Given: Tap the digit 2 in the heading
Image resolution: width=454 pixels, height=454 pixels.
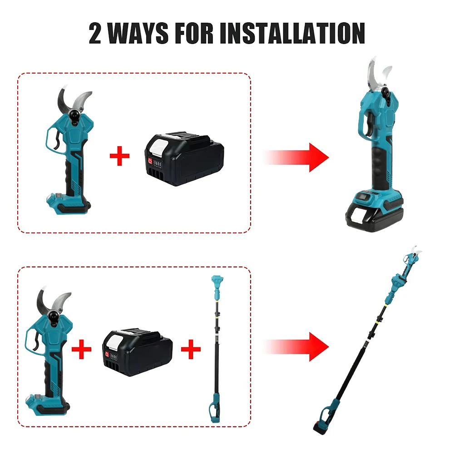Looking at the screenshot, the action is coord(95,33).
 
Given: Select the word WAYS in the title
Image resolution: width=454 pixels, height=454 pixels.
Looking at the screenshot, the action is coord(138,33).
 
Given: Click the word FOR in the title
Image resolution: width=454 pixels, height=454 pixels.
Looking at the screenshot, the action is coord(194,33).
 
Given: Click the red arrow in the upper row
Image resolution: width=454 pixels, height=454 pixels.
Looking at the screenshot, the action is coord(297,158).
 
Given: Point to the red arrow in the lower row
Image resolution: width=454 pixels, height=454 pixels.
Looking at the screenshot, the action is coord(297,347).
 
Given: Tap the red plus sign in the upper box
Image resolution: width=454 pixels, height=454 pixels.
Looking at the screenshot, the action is coord(119,156).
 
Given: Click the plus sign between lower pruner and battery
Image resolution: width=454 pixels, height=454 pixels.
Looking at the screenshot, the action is coord(81,349).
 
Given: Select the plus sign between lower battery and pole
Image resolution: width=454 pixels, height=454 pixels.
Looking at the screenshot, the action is coord(191,349).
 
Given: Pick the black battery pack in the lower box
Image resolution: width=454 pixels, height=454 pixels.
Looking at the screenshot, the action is coord(138,352).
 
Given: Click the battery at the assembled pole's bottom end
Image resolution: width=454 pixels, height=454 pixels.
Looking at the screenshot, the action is coord(321,427).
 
